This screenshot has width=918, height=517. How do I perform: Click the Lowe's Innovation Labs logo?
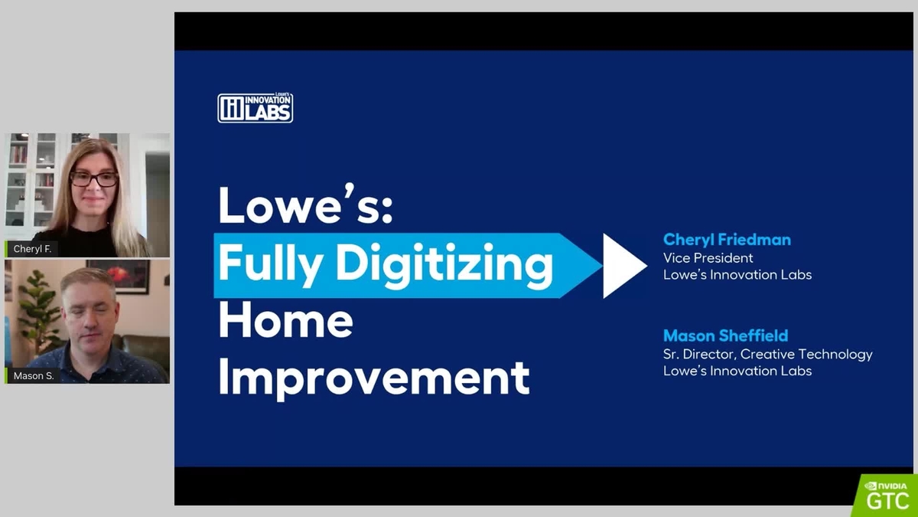pyautogui.click(x=255, y=108)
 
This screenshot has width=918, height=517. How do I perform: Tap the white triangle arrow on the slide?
pyautogui.click(x=623, y=265)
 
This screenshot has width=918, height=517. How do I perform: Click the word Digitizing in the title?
pyautogui.click(x=444, y=265)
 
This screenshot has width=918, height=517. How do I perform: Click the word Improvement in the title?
pyautogui.click(x=374, y=377)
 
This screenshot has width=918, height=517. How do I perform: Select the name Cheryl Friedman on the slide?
pyautogui.click(x=727, y=240)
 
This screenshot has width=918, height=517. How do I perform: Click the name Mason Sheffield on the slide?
pyautogui.click(x=725, y=335)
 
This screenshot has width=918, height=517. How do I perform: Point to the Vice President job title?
pyautogui.click(x=708, y=258)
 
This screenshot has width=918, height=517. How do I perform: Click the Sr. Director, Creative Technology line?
pyautogui.click(x=767, y=354)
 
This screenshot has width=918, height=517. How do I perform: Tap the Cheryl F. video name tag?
pyautogui.click(x=32, y=249)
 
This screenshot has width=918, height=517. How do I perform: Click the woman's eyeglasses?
pyautogui.click(x=94, y=179)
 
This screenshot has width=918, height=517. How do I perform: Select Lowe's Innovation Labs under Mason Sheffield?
pyautogui.click(x=737, y=371)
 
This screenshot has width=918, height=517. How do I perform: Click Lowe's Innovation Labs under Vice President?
pyautogui.click(x=737, y=275)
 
